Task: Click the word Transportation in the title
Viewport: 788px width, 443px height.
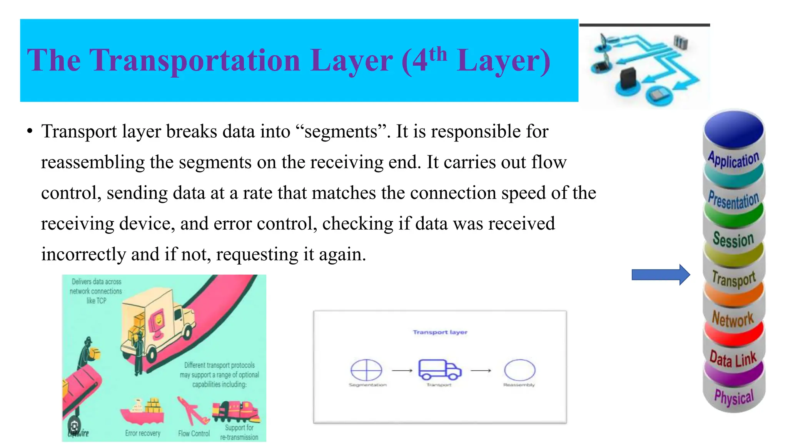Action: click(x=194, y=60)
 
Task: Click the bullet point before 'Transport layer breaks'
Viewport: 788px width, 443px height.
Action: click(x=30, y=132)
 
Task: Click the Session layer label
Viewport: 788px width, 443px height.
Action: click(x=733, y=239)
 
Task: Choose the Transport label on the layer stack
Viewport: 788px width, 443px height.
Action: click(x=733, y=278)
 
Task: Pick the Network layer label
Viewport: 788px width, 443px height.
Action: click(x=733, y=319)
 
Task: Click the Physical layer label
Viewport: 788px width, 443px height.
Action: click(x=734, y=397)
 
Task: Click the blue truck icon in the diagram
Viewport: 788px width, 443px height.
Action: click(x=439, y=369)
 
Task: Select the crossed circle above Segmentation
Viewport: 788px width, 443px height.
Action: click(x=366, y=370)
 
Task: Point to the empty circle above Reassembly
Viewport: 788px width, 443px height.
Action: click(x=519, y=370)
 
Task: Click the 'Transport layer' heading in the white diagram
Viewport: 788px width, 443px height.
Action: click(x=440, y=332)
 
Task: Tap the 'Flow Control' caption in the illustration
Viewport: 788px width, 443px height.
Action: click(x=194, y=433)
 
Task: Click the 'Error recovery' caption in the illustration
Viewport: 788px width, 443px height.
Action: click(x=143, y=433)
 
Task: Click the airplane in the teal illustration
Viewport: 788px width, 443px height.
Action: click(x=190, y=410)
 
